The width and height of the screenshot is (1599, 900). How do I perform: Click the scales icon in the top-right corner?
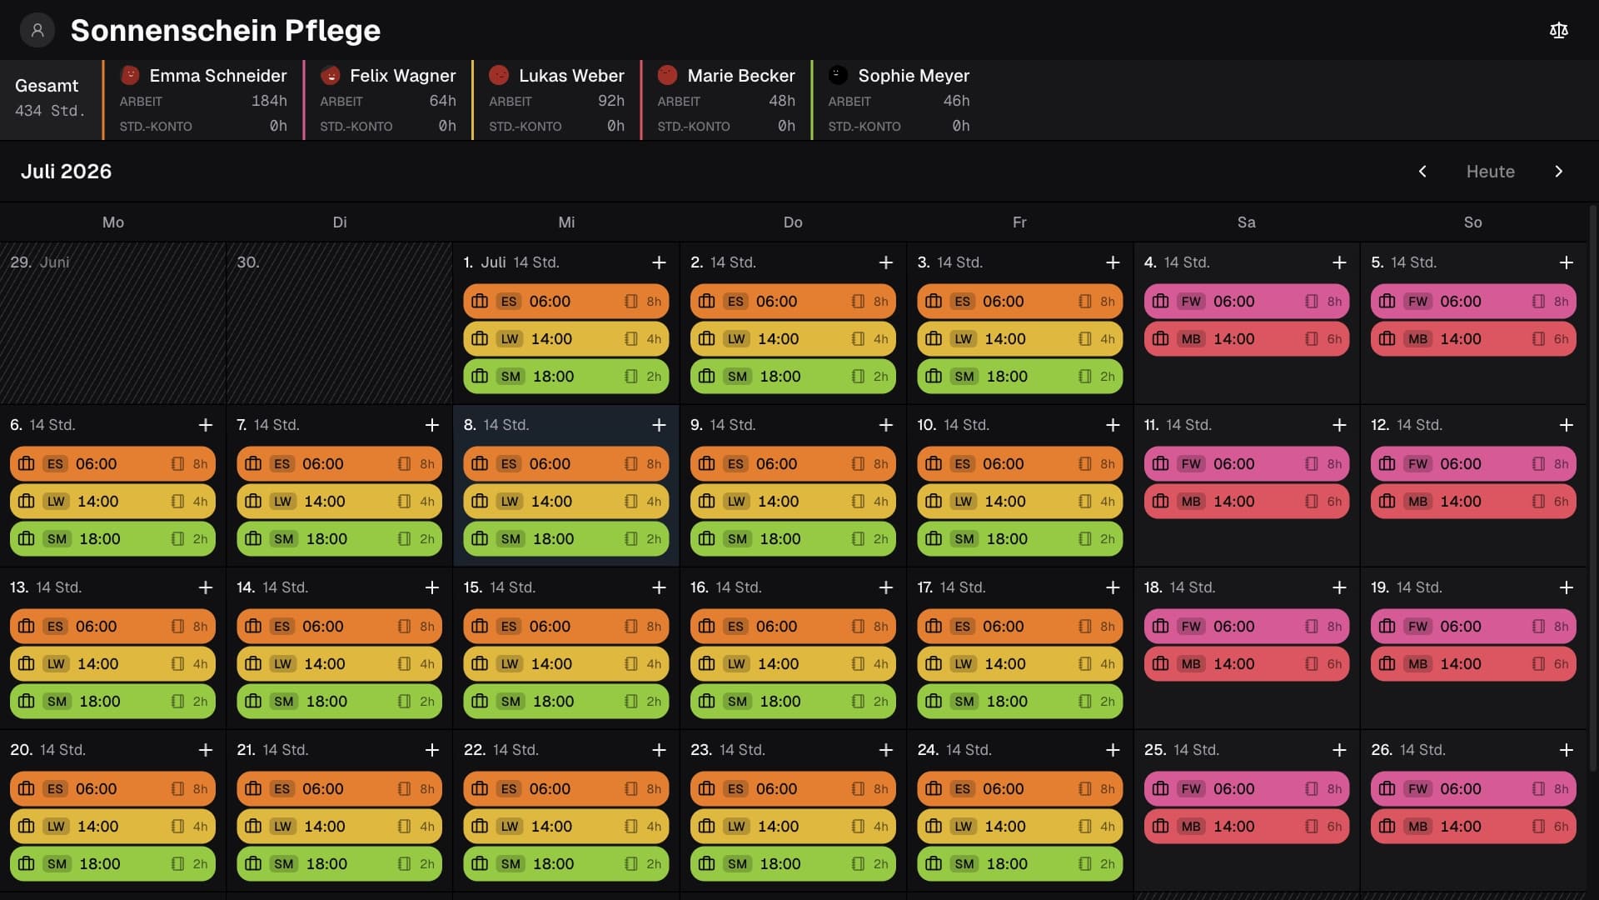(1559, 31)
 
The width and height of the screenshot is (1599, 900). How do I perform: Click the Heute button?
(1490, 172)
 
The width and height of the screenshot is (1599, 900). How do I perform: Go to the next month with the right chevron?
(1559, 172)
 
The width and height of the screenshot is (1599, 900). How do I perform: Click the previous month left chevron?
(1422, 172)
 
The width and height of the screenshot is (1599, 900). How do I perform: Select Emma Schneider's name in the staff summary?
(218, 76)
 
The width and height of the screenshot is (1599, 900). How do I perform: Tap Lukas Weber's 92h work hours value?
(611, 101)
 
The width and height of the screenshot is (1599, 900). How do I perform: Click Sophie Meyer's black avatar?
(838, 75)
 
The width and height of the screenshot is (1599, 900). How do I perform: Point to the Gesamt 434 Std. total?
(50, 98)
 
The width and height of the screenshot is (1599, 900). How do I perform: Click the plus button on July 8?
(659, 425)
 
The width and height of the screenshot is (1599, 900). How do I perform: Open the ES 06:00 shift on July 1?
(566, 302)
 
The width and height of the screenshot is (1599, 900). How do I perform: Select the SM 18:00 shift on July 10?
(1019, 539)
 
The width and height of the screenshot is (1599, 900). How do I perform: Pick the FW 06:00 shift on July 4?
(1246, 302)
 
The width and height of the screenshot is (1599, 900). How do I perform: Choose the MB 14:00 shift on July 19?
(1473, 664)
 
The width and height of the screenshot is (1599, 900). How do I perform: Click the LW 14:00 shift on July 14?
(340, 664)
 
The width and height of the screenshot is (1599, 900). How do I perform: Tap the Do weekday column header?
(793, 222)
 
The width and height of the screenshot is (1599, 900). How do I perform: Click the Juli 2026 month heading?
(66, 172)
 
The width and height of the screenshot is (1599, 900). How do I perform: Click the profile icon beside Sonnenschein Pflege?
(37, 31)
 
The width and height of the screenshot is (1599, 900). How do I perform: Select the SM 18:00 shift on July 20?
(113, 864)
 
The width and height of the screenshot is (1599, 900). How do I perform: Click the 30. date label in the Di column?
(247, 262)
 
